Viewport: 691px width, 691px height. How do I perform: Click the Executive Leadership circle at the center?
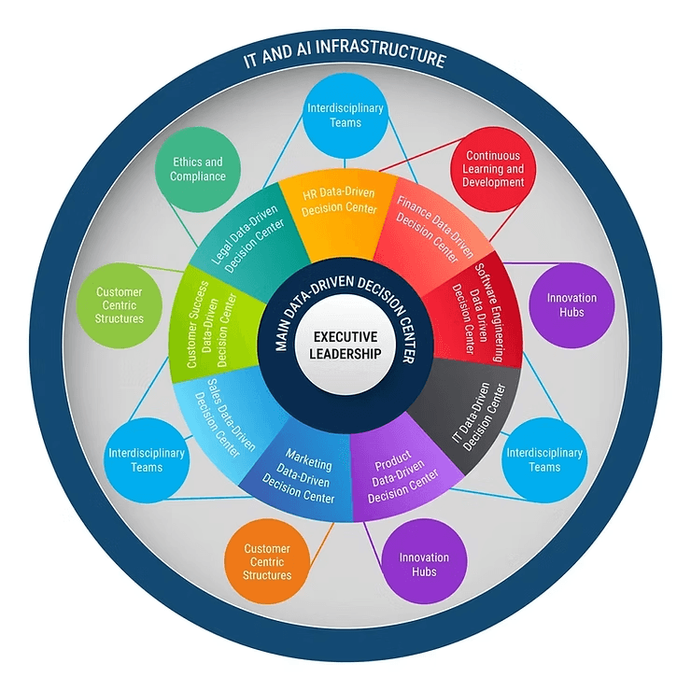pyautogui.click(x=345, y=345)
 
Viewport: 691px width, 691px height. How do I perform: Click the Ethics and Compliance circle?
pyautogui.click(x=198, y=169)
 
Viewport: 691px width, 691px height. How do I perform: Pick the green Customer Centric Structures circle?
pyautogui.click(x=120, y=305)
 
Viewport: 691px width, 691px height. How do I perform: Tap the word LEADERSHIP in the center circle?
pyautogui.click(x=345, y=354)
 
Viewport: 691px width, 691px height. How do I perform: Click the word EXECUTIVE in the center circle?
pyautogui.click(x=345, y=336)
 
